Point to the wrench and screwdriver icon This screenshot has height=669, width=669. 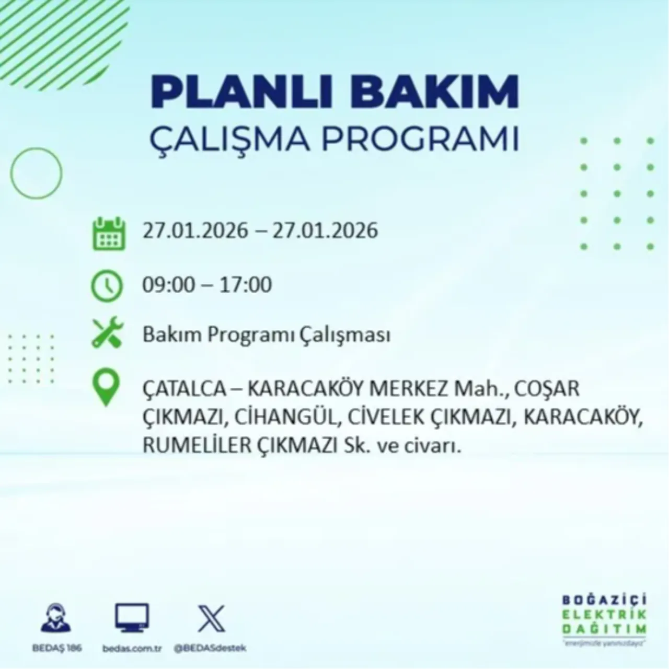coord(107,333)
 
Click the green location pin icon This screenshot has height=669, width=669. coord(106,389)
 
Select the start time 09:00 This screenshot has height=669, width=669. coord(167,285)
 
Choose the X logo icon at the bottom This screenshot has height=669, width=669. coord(212,619)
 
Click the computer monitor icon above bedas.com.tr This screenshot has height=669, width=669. coord(132,618)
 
